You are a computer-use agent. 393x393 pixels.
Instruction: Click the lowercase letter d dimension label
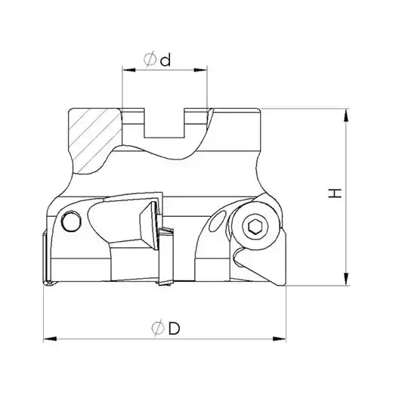coord(166,60)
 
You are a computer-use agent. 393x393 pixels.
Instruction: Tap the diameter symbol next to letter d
coord(150,60)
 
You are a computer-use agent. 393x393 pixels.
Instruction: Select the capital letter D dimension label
coord(175,328)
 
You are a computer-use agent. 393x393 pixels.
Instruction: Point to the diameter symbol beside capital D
coord(158,328)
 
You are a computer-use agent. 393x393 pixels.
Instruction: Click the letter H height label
coord(335,193)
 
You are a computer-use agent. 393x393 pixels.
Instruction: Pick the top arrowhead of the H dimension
coord(347,116)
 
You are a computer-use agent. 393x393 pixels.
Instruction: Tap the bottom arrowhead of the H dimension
coord(347,279)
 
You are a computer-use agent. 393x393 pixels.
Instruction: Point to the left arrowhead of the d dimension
coord(128,70)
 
